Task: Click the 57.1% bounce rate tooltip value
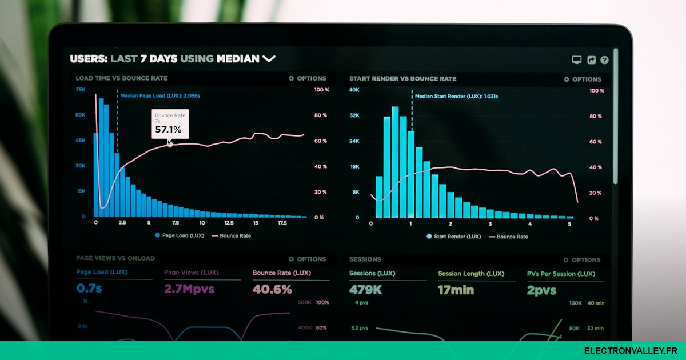(x=168, y=130)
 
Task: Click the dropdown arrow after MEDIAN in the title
(x=269, y=58)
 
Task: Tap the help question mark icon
(x=604, y=60)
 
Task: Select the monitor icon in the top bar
(x=577, y=60)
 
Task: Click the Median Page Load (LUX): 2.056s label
(x=160, y=96)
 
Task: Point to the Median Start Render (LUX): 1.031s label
(x=456, y=97)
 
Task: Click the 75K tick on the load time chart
(x=81, y=90)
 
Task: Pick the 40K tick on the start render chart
(x=354, y=90)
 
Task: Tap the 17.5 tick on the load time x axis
(x=282, y=223)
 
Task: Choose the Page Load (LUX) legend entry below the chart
(x=179, y=235)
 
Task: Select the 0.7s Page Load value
(x=89, y=289)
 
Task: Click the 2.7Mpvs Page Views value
(x=189, y=289)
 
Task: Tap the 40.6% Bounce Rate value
(x=272, y=289)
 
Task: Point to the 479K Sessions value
(x=366, y=290)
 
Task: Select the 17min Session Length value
(x=456, y=290)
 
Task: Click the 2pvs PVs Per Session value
(x=541, y=290)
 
